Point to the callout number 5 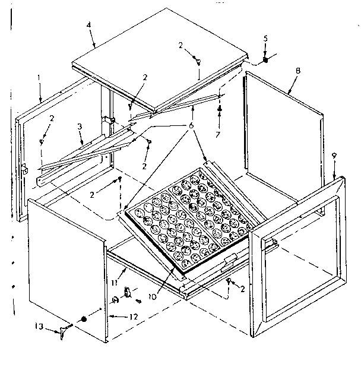pyautogui.click(x=265, y=39)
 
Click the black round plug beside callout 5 pyautogui.click(x=266, y=60)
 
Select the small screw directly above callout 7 pyautogui.click(x=220, y=109)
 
